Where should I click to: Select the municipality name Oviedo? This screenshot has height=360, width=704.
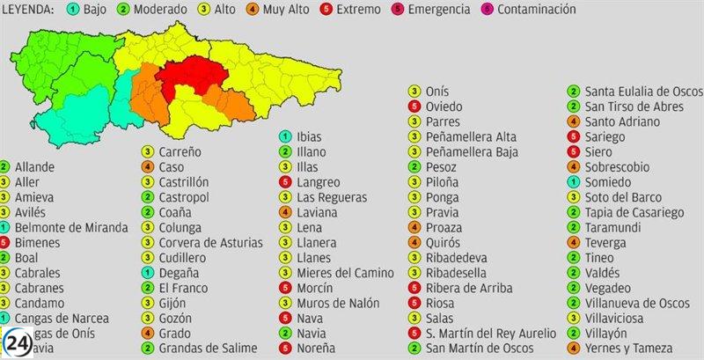444,107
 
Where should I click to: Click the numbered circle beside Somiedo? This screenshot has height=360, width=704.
573,181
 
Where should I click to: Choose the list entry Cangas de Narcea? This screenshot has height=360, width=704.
60,319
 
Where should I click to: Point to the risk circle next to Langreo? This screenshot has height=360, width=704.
285,182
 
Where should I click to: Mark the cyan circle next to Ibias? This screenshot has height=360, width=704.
285,136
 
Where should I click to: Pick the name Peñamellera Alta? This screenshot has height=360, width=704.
471,136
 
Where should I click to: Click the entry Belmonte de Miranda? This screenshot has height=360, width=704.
71,227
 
